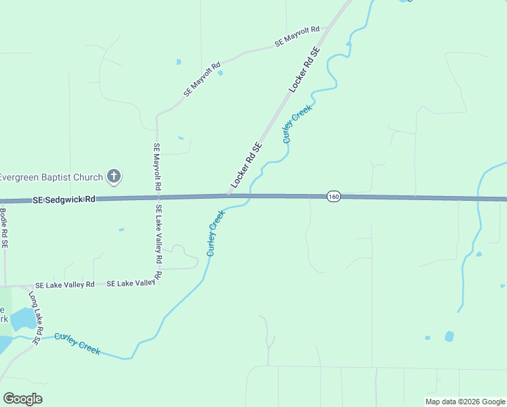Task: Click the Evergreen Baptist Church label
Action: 52,178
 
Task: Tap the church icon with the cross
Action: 115,177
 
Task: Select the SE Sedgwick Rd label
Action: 64,200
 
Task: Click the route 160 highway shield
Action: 333,197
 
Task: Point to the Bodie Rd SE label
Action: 4,230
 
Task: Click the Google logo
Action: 23,399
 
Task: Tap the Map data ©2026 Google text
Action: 466,402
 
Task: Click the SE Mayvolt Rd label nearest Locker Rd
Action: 297,37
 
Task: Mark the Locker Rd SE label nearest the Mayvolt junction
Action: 304,71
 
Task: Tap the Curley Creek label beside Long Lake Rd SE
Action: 77,344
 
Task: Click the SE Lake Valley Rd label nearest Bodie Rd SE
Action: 65,285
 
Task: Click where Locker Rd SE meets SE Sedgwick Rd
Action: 228,197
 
